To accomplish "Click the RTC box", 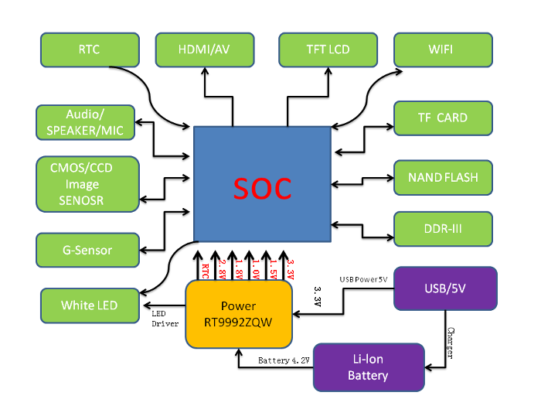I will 89,49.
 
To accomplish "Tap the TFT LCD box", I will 328,49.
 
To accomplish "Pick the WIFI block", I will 443,49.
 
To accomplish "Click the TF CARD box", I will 443,118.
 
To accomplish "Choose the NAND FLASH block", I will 443,177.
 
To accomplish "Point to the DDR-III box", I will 443,229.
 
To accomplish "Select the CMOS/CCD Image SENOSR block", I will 87,184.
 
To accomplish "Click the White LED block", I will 90,305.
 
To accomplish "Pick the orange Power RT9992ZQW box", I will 239,313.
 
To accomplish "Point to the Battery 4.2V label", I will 284,361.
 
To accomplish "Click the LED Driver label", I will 165,317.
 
